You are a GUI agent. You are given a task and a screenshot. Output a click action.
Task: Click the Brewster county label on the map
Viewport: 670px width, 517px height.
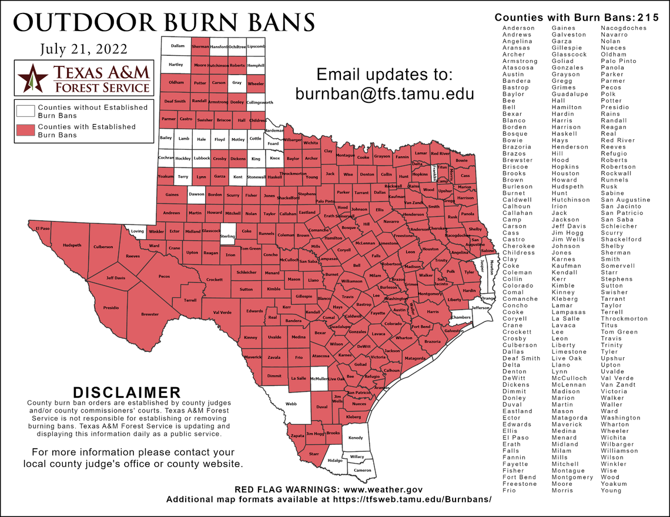[150, 314]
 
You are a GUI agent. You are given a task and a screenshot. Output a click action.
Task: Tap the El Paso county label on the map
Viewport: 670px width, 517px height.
[42, 228]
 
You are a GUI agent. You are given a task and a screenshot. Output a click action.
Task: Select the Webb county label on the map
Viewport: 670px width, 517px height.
[291, 404]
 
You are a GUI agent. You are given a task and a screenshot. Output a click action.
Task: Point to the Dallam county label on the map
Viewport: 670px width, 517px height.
[177, 46]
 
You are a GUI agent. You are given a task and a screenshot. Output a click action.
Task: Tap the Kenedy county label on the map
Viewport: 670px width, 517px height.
[356, 438]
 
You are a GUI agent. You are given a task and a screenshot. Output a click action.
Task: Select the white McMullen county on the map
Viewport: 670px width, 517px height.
[319, 380]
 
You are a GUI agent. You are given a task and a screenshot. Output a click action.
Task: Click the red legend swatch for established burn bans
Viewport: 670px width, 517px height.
[25, 130]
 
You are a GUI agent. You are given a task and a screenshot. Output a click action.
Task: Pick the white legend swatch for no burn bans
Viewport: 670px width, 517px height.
[25, 111]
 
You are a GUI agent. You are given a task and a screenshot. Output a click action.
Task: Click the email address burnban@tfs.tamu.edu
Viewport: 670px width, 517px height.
[384, 93]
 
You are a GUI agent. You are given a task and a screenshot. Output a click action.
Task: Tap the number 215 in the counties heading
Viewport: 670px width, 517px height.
[649, 18]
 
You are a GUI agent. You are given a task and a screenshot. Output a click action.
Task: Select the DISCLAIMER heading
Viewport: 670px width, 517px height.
[126, 392]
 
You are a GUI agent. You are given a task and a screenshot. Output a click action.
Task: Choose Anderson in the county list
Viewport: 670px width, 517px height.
[518, 28]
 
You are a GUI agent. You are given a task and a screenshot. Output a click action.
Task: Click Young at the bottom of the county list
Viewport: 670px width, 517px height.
[611, 490]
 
